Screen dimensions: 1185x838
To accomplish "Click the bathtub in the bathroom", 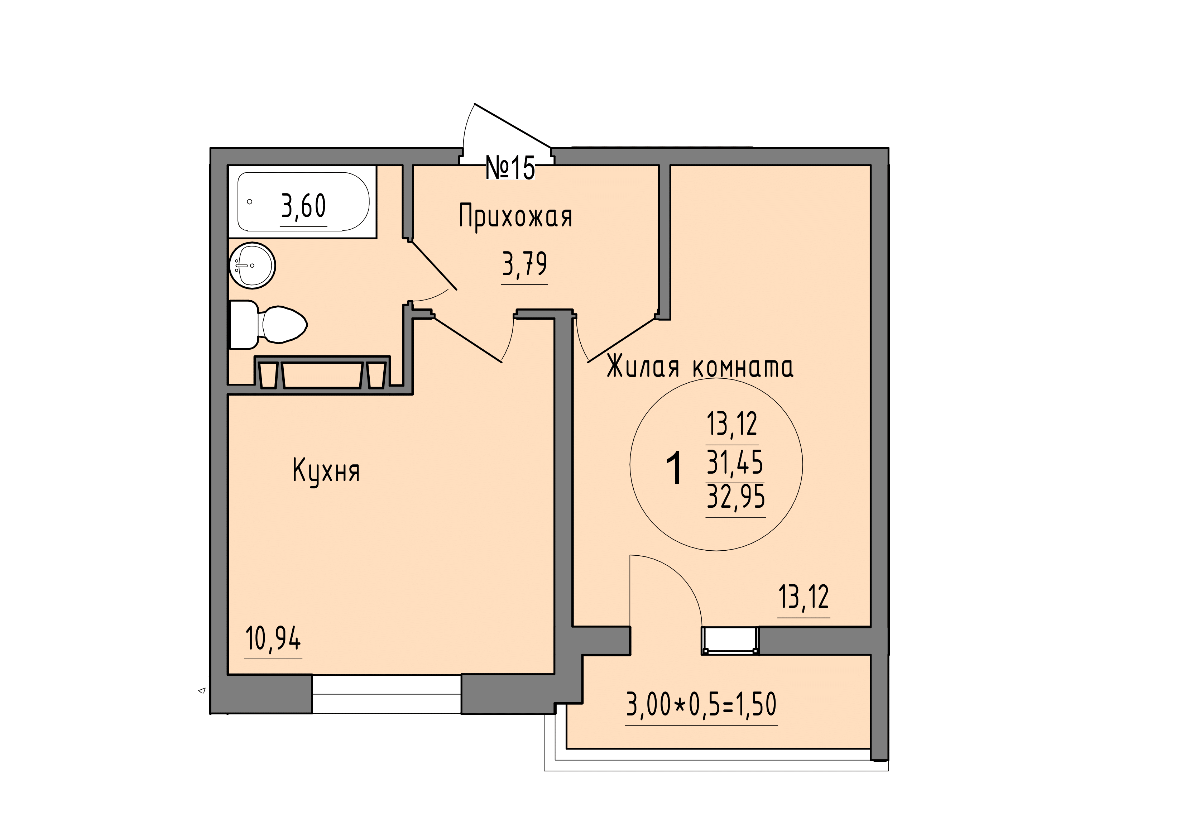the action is [303, 201].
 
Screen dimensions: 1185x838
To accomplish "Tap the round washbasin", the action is [253, 265].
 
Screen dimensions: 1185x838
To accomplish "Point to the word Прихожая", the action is [515, 217].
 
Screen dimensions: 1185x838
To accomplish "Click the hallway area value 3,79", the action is [524, 264].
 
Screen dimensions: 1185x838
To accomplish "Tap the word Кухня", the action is [326, 470].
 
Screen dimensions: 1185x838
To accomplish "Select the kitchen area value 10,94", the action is [273, 639].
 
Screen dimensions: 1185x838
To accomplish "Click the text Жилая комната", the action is [700, 367].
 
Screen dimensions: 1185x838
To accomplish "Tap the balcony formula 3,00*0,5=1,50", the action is [701, 704].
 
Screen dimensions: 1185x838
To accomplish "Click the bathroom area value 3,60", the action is [303, 206].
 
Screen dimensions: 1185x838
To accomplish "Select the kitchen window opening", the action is [387, 694].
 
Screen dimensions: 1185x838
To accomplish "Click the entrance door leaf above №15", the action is [513, 125].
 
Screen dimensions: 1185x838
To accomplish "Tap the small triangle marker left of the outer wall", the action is [202, 690].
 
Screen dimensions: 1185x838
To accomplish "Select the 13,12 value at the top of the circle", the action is [732, 424].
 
